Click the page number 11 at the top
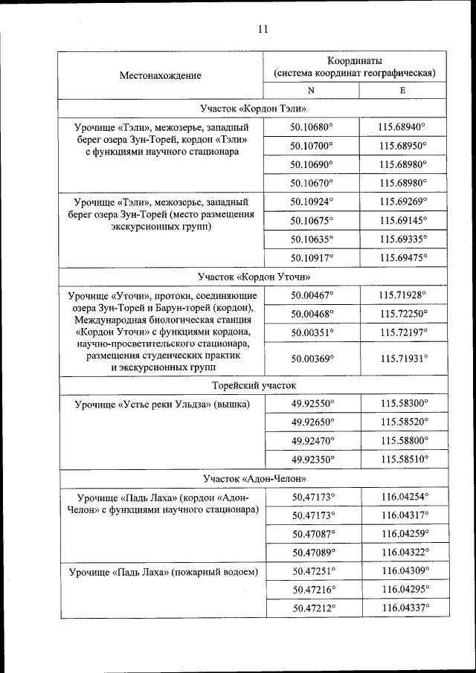tap(263, 30)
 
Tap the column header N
tap(312, 90)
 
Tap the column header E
tap(402, 90)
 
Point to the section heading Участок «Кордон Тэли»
tap(254, 109)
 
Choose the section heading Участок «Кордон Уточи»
tap(254, 277)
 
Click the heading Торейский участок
tap(254, 386)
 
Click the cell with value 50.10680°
tap(312, 127)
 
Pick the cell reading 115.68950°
tap(402, 146)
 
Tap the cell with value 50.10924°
tap(312, 201)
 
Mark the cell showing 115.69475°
tap(402, 257)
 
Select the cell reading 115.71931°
tap(402, 358)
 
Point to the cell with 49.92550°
tap(312, 404)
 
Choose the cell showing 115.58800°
tap(402, 440)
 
